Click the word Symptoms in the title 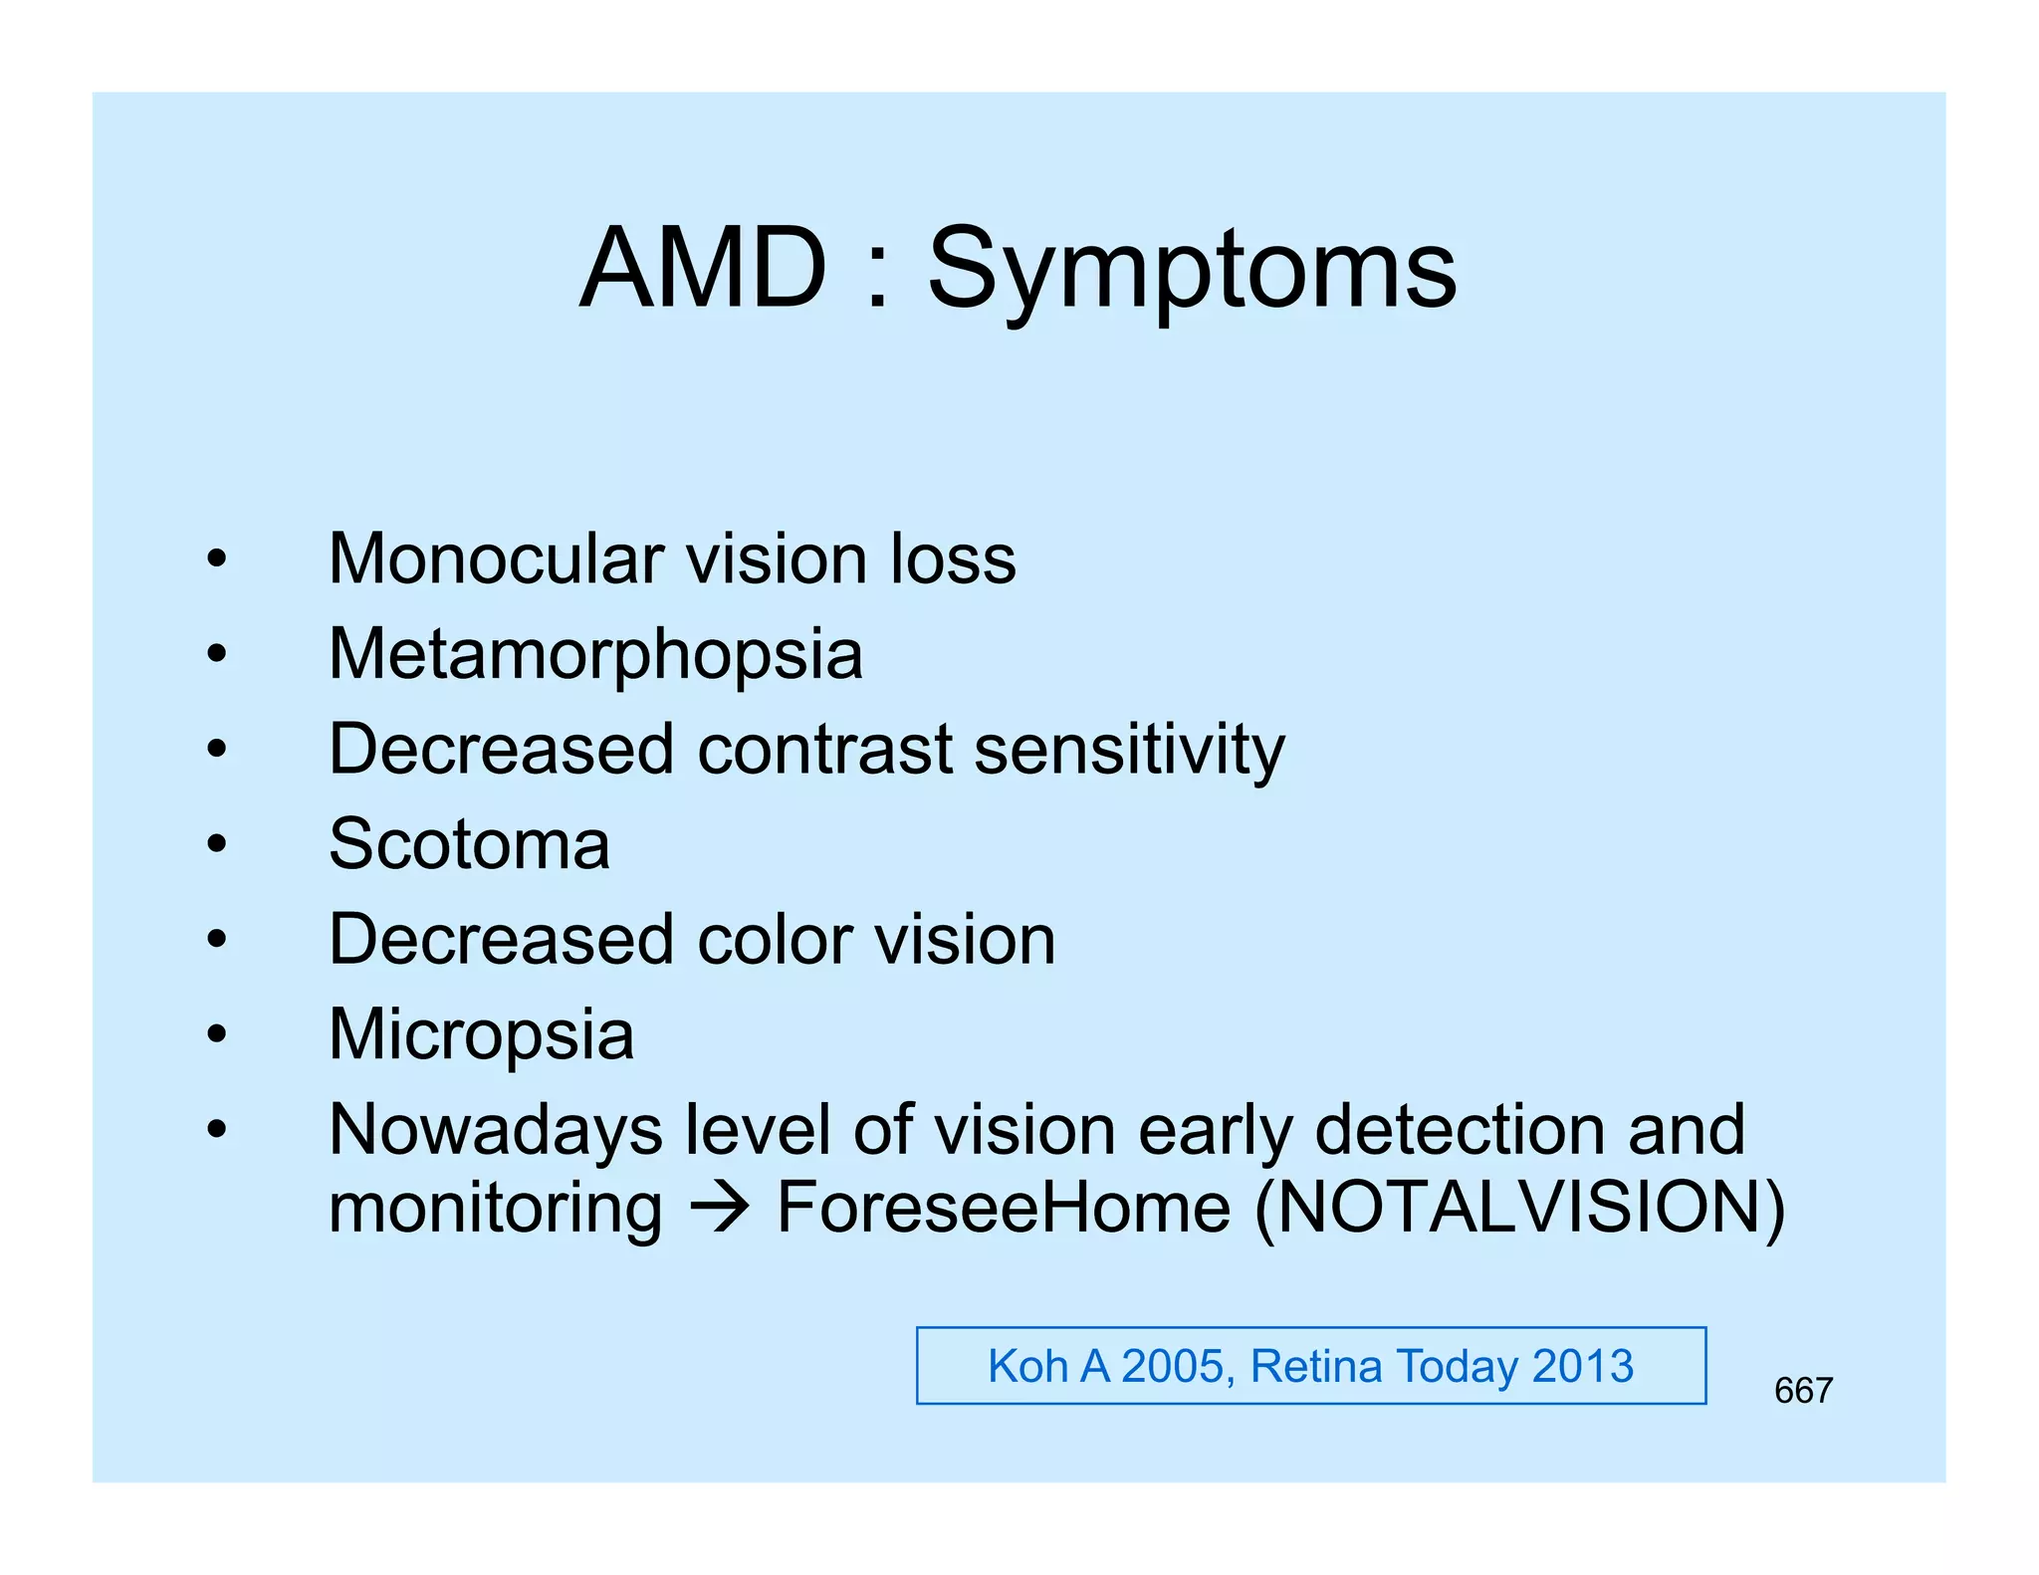click(1192, 271)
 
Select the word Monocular click(496, 559)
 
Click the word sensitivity click(1129, 751)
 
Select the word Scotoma click(469, 844)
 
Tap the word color click(775, 939)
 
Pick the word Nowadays click(496, 1132)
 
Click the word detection click(1460, 1130)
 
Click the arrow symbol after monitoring click(719, 1209)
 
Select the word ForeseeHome click(1004, 1208)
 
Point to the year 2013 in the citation click(1583, 1366)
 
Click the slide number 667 click(1803, 1391)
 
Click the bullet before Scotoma click(217, 844)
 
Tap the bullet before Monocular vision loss click(217, 559)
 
